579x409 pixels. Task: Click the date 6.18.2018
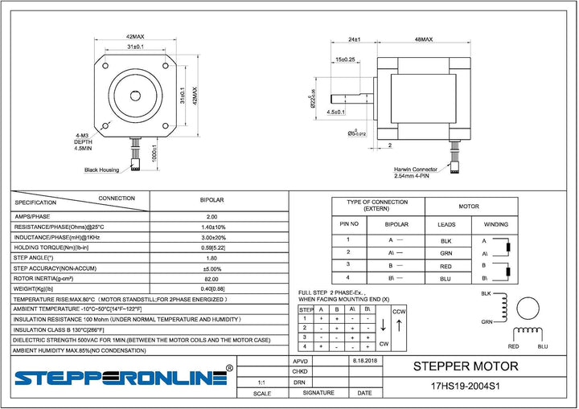tap(364, 362)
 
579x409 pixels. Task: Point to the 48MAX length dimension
tap(423, 39)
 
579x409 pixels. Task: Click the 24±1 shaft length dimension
tap(355, 39)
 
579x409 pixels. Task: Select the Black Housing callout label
tap(102, 170)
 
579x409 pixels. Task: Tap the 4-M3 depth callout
tap(83, 141)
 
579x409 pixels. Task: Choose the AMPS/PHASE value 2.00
tap(211, 216)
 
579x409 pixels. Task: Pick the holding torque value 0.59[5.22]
tap(211, 247)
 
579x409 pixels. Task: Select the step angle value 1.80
tap(211, 258)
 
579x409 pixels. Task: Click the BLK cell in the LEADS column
tap(446, 240)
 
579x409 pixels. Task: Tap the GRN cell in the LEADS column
tap(446, 252)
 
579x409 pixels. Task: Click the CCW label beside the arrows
tap(399, 310)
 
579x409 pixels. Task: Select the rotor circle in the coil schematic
tap(529, 309)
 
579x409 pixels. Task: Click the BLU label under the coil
tap(542, 346)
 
